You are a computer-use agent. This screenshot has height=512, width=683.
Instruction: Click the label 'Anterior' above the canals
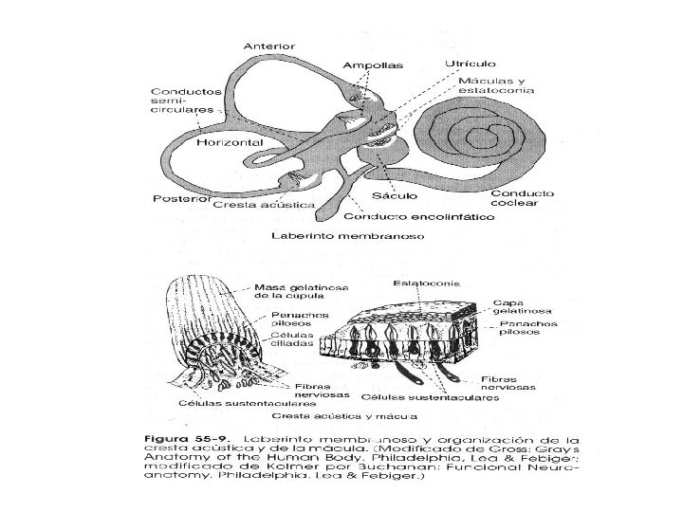(x=270, y=46)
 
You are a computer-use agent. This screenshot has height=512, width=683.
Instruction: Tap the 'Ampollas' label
(x=373, y=65)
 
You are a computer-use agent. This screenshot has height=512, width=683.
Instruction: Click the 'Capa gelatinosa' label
(x=517, y=307)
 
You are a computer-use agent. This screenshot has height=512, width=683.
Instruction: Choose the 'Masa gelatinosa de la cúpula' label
(x=295, y=291)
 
